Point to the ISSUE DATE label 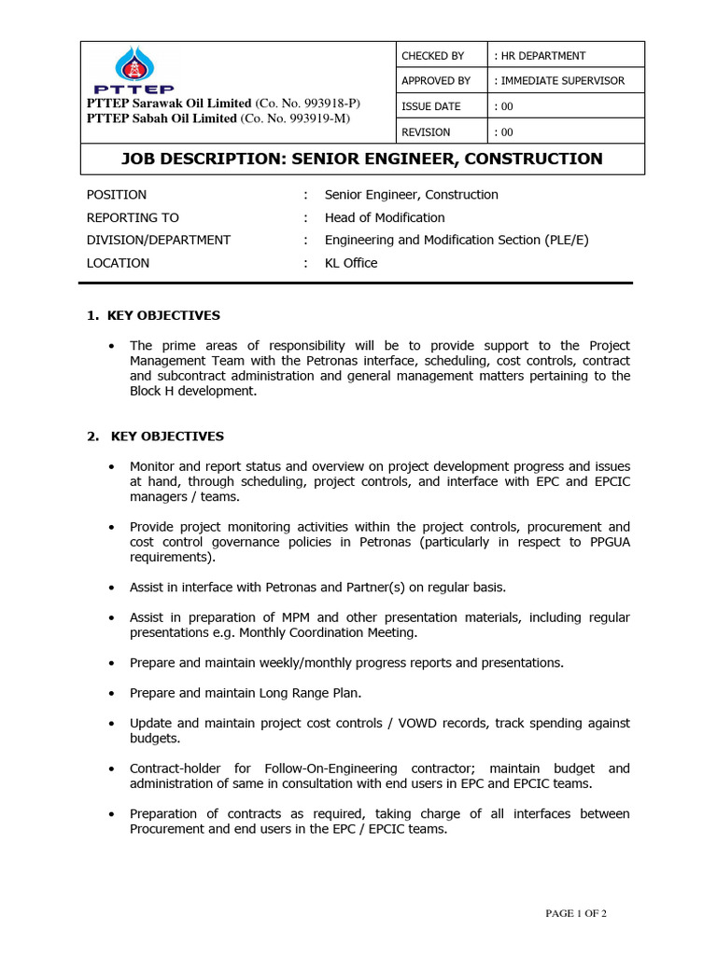click(431, 106)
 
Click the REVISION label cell click(426, 132)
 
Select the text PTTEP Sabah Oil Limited click(162, 118)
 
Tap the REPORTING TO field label click(133, 217)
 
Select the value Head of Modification click(385, 217)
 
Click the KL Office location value click(351, 263)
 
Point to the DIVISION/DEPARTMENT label click(159, 240)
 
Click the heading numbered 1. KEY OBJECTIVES click(154, 315)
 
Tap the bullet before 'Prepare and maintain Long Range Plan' click(112, 694)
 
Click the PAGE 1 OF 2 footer click(576, 913)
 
